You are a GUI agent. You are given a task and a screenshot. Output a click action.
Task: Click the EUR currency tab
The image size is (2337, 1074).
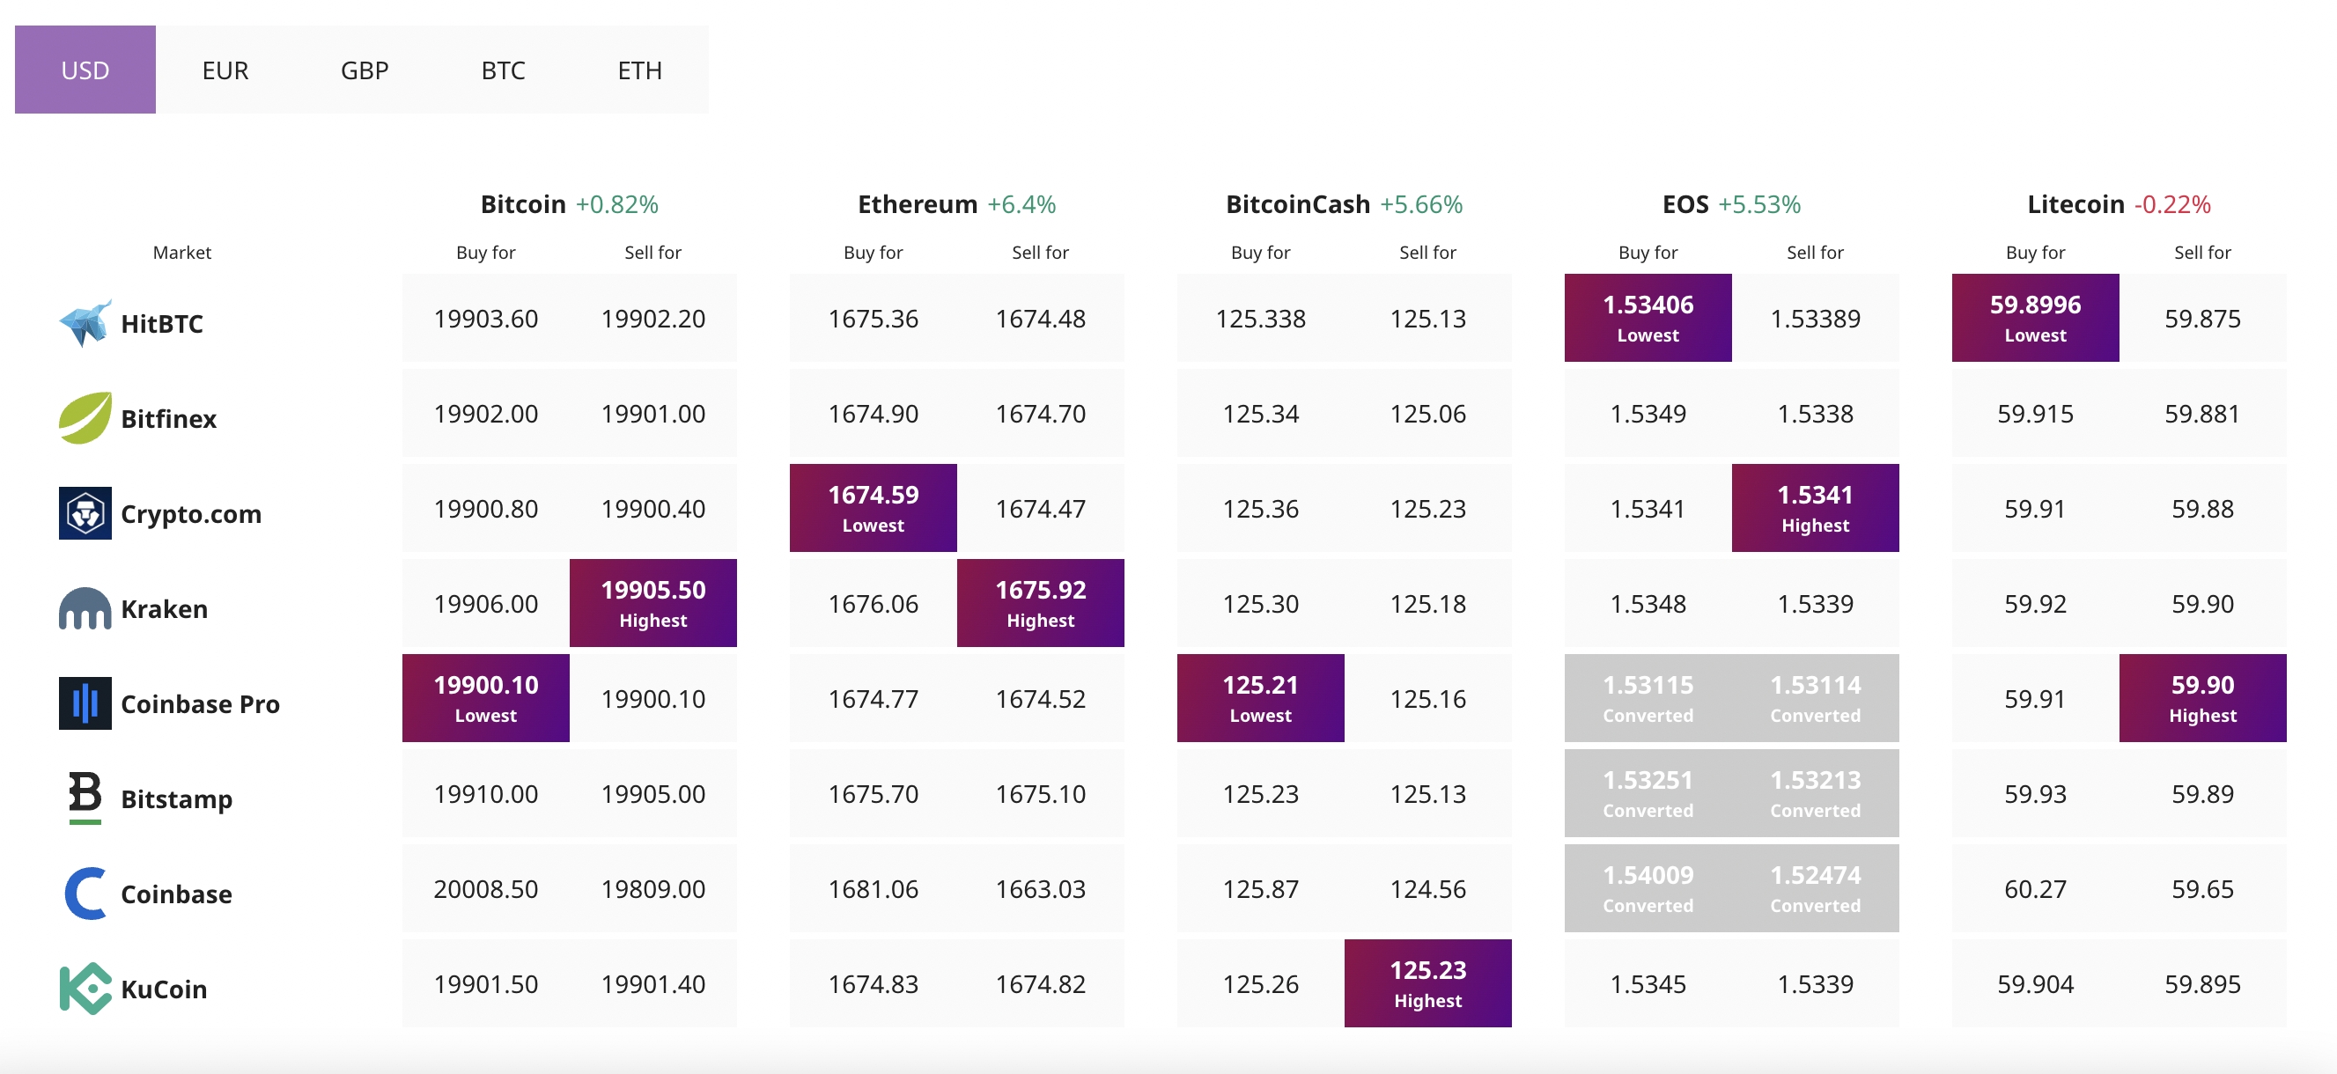(x=225, y=70)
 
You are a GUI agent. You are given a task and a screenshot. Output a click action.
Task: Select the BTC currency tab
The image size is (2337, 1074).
(x=504, y=70)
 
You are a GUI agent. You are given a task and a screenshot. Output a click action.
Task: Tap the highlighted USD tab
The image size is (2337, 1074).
(x=85, y=70)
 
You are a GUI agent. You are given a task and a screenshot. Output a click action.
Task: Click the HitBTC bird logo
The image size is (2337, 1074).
(x=85, y=323)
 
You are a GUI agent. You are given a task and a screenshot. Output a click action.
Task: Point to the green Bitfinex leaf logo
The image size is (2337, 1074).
(x=85, y=418)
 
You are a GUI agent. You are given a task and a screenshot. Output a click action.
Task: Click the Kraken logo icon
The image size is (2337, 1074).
(x=85, y=608)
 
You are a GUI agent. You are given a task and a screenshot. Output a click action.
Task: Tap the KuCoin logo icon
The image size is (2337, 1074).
(x=85, y=989)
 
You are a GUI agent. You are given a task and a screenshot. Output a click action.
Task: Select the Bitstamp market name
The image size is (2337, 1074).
(x=177, y=799)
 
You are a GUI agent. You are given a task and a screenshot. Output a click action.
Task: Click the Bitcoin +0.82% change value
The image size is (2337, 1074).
(x=617, y=204)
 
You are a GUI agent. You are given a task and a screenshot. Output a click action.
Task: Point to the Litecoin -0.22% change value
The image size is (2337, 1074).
(x=2173, y=204)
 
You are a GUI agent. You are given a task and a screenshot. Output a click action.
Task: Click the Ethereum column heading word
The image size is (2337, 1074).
(x=918, y=204)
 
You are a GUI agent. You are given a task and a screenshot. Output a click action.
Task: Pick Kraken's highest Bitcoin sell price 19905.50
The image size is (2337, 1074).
(x=653, y=603)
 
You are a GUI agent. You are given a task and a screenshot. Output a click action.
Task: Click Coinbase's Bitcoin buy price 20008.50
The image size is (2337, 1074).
(x=486, y=889)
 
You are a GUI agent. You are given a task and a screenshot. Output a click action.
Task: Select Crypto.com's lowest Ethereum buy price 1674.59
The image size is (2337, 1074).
(x=874, y=508)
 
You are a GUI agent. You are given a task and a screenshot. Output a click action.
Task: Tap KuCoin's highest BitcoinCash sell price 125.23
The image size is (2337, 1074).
(x=1428, y=983)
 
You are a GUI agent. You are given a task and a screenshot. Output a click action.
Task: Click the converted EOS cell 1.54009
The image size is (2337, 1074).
(x=1648, y=888)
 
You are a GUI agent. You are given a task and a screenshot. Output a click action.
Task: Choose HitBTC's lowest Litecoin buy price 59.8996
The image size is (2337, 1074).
(x=2036, y=318)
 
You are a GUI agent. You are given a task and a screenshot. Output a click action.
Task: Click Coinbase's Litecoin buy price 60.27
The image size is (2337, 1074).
(x=2036, y=889)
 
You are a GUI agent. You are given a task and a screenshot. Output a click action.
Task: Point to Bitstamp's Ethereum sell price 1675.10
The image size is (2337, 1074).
(x=1041, y=794)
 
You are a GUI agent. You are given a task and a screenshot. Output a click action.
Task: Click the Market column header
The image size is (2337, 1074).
(x=181, y=252)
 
